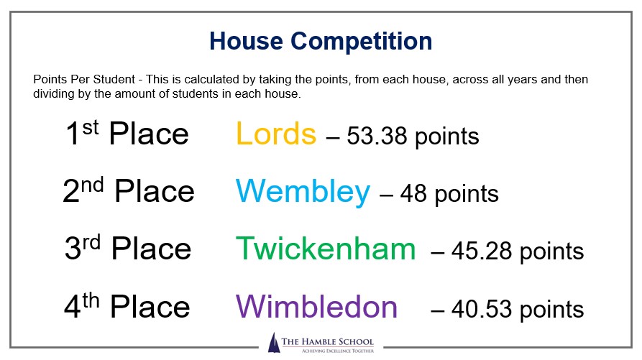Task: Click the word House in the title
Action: tap(246, 41)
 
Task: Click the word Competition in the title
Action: tap(362, 42)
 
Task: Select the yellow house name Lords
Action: tap(276, 134)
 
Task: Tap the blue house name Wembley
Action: tap(303, 192)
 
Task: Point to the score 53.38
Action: tap(377, 137)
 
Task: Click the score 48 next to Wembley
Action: tap(413, 193)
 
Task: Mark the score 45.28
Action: tap(482, 251)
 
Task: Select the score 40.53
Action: tap(482, 309)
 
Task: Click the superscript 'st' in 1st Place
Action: tap(91, 128)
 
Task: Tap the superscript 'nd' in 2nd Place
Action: tap(93, 185)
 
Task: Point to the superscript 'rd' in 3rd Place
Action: tap(91, 243)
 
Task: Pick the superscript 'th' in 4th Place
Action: tap(91, 300)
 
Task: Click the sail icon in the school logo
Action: tap(273, 343)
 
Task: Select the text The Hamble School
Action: tap(328, 341)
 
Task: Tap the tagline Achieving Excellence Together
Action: tap(338, 351)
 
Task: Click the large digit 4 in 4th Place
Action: tap(73, 307)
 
